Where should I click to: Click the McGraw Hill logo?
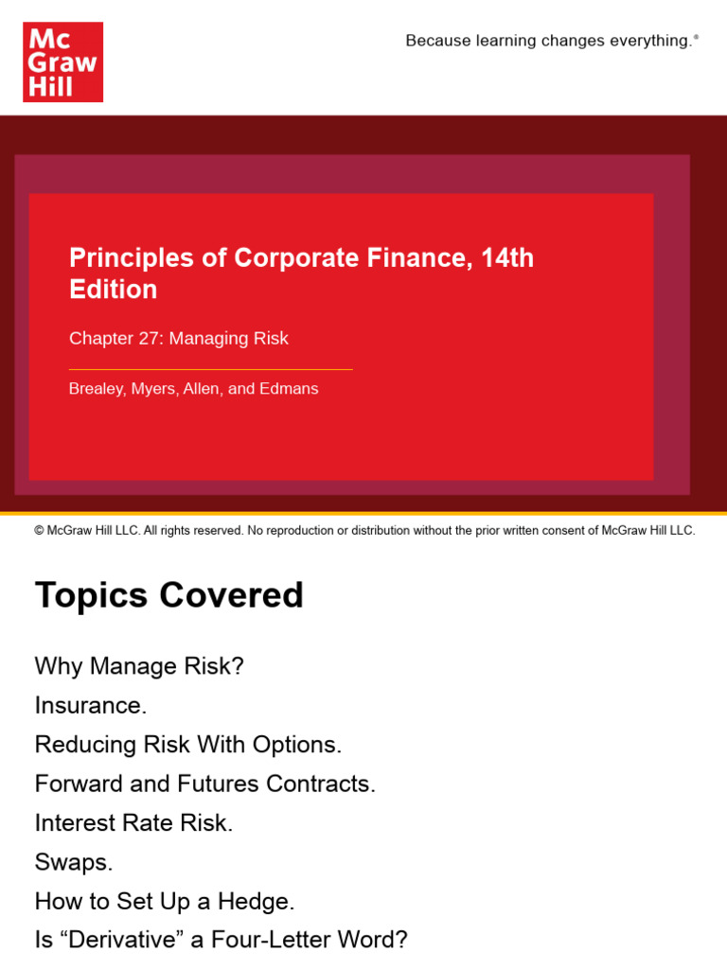(62, 62)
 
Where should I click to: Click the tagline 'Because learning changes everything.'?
(549, 41)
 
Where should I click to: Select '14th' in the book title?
(507, 257)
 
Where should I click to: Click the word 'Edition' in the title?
(114, 290)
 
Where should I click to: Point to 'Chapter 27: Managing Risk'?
(179, 339)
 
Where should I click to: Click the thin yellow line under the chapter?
(210, 369)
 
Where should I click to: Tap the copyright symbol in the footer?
(39, 531)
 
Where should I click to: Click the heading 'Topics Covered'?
(169, 595)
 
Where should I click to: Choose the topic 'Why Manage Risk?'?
(139, 666)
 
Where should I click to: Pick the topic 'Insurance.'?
(91, 706)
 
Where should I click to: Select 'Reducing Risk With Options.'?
(188, 745)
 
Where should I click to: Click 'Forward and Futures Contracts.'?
(205, 784)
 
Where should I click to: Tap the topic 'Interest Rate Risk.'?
(133, 823)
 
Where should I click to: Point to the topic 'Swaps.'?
(74, 862)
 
